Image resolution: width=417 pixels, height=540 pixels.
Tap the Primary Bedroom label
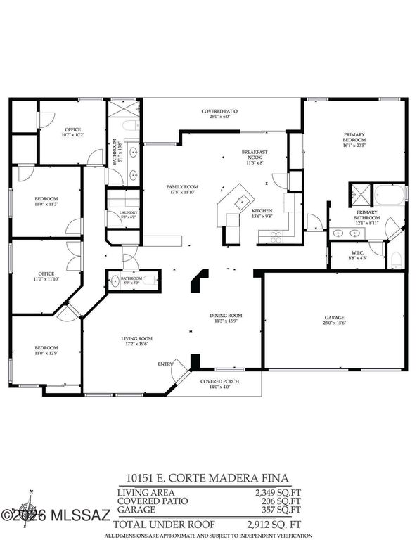pos(353,136)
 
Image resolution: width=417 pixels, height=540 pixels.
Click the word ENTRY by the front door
pos(165,364)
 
